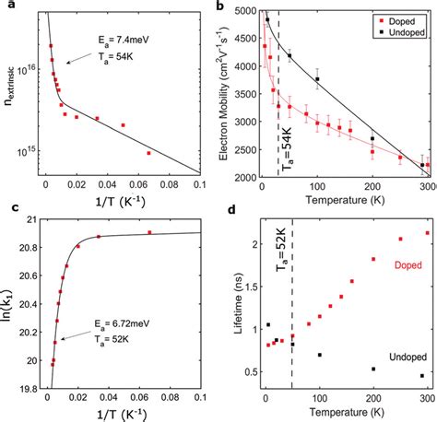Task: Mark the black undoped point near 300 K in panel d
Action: pos(422,376)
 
